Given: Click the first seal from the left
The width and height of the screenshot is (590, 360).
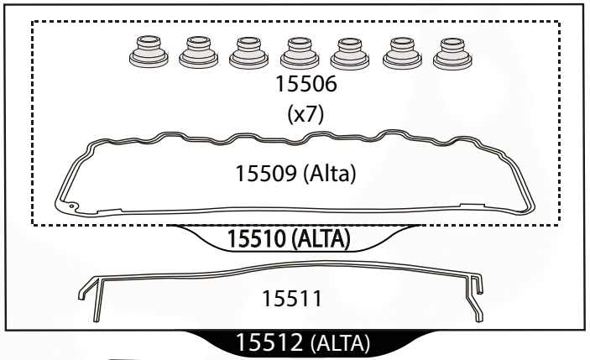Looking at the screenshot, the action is pos(149,52).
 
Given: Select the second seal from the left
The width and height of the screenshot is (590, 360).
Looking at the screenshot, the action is pos(198,52).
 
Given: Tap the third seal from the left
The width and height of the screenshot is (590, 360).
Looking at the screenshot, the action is pos(248,53).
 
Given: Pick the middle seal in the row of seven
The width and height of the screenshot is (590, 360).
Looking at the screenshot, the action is pos(300,53).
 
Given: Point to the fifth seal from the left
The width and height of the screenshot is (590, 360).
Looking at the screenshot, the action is pos(350,54).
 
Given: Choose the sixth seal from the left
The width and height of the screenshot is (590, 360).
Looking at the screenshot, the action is pos(402,54).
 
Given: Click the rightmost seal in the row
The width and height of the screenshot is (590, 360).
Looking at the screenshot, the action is pos(452,54).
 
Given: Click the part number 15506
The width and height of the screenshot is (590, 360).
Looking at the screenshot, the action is pos(306,84).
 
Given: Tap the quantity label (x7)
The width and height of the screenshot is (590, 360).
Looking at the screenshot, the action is pos(305,113).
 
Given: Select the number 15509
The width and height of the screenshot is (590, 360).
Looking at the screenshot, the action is pos(266,174).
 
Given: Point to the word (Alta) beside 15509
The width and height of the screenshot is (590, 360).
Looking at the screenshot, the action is pos(329,174).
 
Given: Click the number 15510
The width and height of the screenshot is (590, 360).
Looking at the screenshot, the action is pos(257,238).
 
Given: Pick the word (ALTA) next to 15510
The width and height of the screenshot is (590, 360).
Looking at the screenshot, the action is pos(321,239).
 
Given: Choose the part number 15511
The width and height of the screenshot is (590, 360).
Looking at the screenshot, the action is pos(292,299).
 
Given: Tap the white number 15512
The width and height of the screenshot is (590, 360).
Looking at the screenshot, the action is pos(269,342).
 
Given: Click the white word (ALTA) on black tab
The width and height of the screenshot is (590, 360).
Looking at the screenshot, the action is pos(341,343).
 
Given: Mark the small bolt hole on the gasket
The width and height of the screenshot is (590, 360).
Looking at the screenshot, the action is pos(71,206).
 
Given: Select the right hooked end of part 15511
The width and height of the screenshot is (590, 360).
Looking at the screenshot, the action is pos(474,297).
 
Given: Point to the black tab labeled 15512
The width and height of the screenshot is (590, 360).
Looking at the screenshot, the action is pos(310,343).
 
